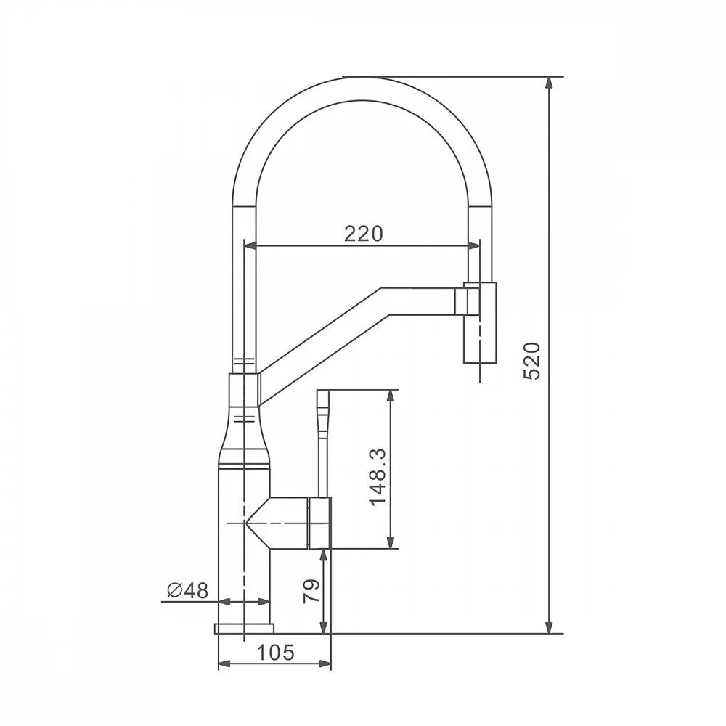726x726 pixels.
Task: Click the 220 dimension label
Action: point(364,234)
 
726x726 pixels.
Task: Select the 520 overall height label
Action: point(532,361)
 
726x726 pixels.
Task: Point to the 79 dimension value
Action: point(311,591)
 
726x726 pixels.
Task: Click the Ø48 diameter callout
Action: point(187,590)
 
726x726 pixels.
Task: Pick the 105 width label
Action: point(275,653)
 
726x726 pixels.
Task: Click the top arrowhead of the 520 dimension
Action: point(549,83)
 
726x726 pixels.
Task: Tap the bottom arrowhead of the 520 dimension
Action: point(549,627)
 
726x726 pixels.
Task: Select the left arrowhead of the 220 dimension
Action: point(250,246)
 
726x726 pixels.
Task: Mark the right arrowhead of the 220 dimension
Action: point(474,246)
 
